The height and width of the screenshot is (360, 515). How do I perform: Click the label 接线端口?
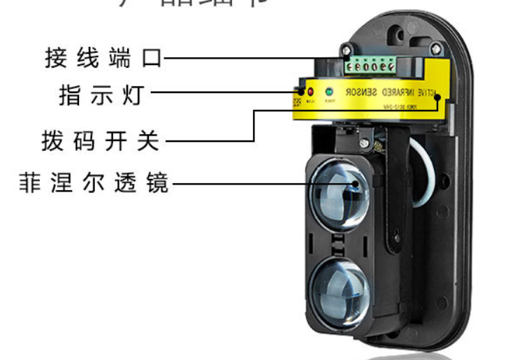pos(103,57)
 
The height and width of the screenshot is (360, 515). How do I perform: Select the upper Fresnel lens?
pos(338,193)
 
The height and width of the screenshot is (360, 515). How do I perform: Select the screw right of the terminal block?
pos(436,48)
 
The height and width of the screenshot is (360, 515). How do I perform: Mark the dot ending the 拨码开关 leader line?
pos(438,97)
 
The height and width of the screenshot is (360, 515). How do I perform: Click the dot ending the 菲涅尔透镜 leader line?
pos(355,185)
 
